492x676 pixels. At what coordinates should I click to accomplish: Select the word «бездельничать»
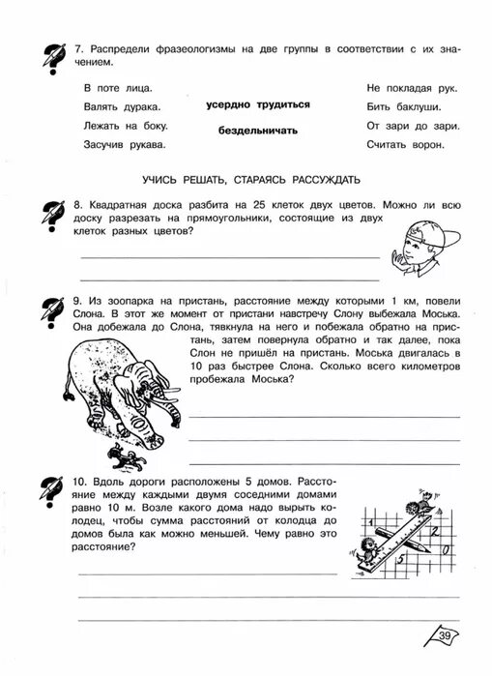click(257, 131)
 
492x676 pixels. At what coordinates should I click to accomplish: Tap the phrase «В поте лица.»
click(105, 88)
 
